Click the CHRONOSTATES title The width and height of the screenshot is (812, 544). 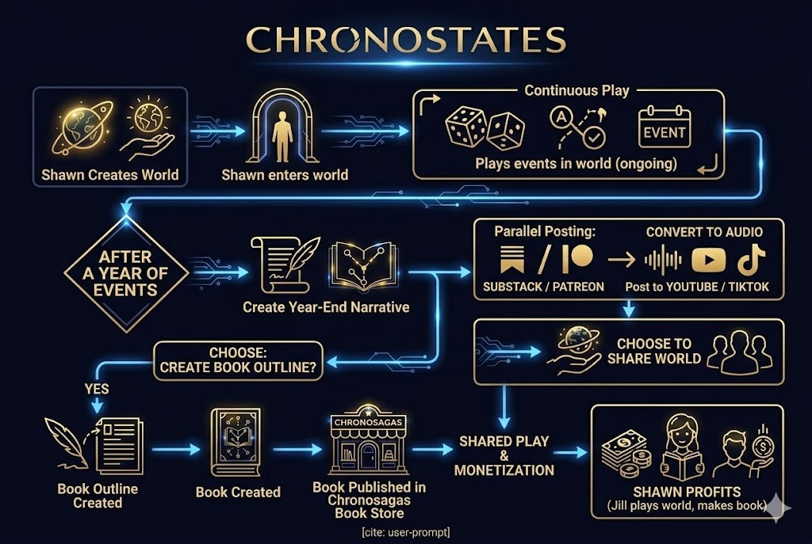[x=405, y=39]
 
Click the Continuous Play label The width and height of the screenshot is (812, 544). [x=576, y=90]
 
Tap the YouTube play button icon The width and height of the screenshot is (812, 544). [x=708, y=261]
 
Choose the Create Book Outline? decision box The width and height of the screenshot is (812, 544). [x=238, y=360]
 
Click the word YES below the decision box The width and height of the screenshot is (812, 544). [x=97, y=389]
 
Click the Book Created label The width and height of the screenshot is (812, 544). [x=238, y=492]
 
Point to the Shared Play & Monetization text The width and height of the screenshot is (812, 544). [x=504, y=455]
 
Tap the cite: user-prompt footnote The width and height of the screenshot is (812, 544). [x=405, y=531]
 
